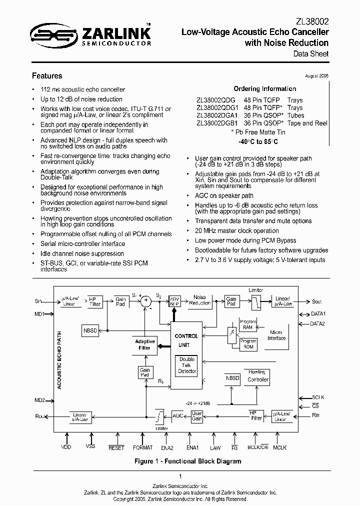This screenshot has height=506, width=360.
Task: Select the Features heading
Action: pyautogui.click(x=47, y=76)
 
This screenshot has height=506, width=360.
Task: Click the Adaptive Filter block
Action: pyautogui.click(x=145, y=344)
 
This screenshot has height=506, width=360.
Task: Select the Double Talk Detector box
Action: pyautogui.click(x=187, y=365)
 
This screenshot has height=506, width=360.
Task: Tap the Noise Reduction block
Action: pyautogui.click(x=199, y=300)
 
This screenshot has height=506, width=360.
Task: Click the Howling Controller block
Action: pyautogui.click(x=258, y=376)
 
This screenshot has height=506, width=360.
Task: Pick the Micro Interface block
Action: pyautogui.click(x=276, y=335)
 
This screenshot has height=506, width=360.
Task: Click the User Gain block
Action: pyautogui.click(x=197, y=416)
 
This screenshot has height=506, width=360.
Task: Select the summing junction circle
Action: pyautogui.click(x=146, y=300)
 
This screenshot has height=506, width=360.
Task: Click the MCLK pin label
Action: pyautogui.click(x=279, y=448)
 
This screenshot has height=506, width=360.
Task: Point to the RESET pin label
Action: pyautogui.click(x=116, y=448)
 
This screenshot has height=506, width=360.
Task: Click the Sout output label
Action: pyautogui.click(x=317, y=301)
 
